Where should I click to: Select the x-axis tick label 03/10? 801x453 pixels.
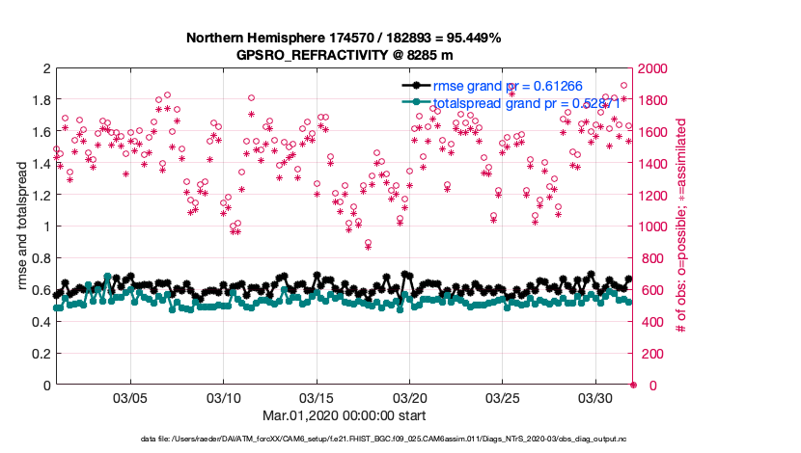click(x=224, y=398)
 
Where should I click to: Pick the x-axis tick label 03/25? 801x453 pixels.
click(x=503, y=398)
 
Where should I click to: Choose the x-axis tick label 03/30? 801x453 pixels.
click(x=595, y=398)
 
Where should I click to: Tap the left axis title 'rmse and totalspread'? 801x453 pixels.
click(x=22, y=226)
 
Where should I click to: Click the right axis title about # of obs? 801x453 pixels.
click(x=681, y=226)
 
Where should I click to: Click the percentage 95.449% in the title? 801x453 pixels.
click(x=468, y=38)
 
